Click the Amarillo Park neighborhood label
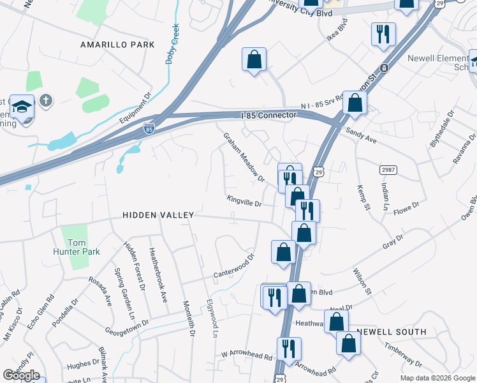(x=117, y=45)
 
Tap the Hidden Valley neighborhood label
(x=158, y=216)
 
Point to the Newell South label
(x=391, y=332)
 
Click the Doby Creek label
(x=170, y=44)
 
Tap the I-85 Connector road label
(x=269, y=115)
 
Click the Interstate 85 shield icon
(x=149, y=128)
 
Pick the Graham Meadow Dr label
(x=243, y=156)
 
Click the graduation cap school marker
(x=22, y=107)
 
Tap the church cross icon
(x=45, y=100)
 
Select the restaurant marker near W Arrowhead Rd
(x=289, y=349)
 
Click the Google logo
(x=21, y=375)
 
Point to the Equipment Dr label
(x=135, y=109)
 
